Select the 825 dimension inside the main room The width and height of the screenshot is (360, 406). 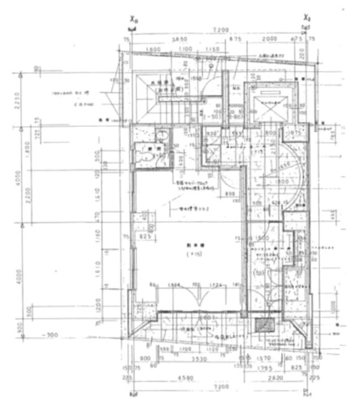[143, 235]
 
